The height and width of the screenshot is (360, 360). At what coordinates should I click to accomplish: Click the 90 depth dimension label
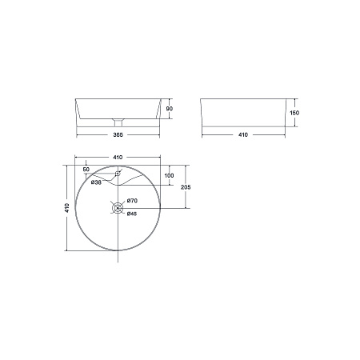170,109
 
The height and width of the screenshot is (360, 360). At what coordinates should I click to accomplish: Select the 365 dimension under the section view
118,135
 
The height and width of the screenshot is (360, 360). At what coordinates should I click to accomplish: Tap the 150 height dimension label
294,113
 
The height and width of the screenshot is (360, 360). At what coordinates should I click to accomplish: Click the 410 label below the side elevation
243,135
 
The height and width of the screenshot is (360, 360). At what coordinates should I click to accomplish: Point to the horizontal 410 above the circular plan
118,158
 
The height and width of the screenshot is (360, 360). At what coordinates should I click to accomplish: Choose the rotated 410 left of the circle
67,208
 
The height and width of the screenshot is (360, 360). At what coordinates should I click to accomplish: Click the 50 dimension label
86,170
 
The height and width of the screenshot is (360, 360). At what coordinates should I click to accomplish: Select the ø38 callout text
96,182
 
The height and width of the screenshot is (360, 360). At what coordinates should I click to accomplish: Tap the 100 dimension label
169,175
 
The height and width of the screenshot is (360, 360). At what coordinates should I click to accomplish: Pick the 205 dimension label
186,187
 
